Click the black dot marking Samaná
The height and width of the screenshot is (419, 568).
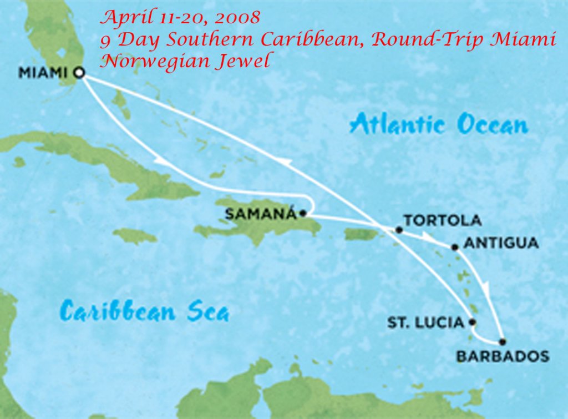(302, 213)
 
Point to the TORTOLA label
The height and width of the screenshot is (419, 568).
(442, 220)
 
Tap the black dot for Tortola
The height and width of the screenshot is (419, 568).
(399, 229)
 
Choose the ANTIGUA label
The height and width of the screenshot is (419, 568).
(501, 243)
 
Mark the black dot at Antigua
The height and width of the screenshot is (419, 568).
(455, 246)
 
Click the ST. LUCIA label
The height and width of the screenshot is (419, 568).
(425, 322)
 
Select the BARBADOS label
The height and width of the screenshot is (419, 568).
(503, 356)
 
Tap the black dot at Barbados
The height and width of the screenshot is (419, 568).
(503, 342)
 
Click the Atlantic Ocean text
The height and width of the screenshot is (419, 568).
(438, 124)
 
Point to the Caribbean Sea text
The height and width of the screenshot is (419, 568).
(144, 311)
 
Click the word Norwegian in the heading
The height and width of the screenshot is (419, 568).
(154, 60)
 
